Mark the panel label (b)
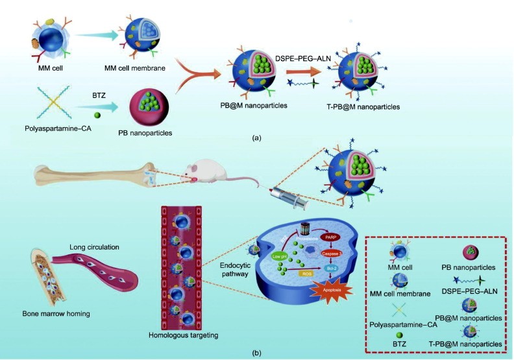(258, 353)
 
